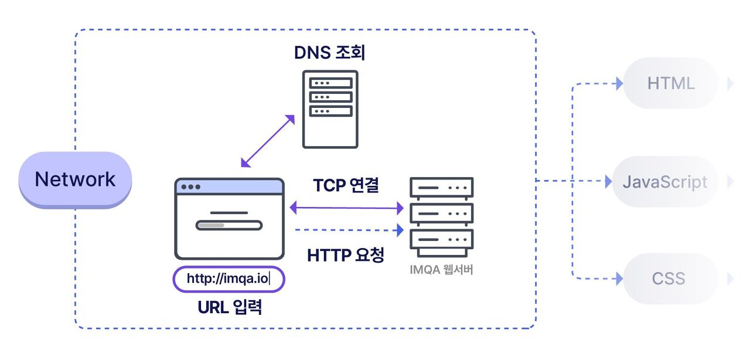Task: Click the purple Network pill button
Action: (x=76, y=179)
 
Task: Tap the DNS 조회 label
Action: (x=330, y=53)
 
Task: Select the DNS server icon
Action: (x=330, y=109)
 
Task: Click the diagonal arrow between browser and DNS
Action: (x=268, y=141)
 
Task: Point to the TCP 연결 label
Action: (x=346, y=185)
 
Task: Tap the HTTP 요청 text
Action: (x=346, y=255)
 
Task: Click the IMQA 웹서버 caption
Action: (x=442, y=270)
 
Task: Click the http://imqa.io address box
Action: (x=229, y=279)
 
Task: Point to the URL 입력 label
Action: (x=230, y=307)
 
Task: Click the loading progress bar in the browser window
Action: (x=229, y=225)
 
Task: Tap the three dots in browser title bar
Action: (x=190, y=187)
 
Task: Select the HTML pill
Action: (x=671, y=83)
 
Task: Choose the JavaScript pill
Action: (x=665, y=182)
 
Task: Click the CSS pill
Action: (x=669, y=278)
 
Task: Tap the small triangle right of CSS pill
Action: (x=730, y=278)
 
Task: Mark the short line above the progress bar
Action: (x=229, y=212)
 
